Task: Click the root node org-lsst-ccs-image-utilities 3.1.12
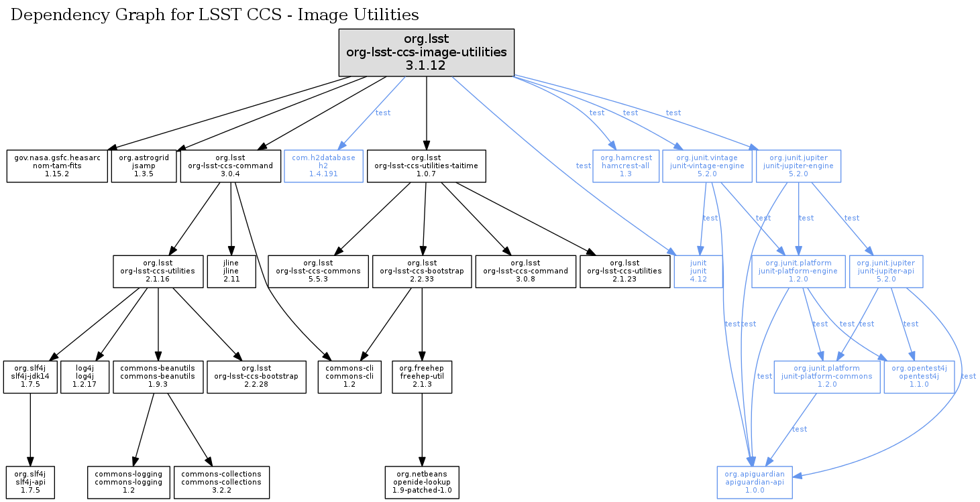pyautogui.click(x=426, y=52)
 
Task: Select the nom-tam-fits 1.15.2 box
pyautogui.click(x=57, y=166)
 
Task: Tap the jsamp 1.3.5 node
pyautogui.click(x=144, y=166)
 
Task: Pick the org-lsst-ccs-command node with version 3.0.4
pyautogui.click(x=231, y=166)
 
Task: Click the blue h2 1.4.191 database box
pyautogui.click(x=323, y=166)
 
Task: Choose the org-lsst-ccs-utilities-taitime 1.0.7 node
pyautogui.click(x=426, y=166)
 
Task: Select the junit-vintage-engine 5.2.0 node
pyautogui.click(x=706, y=166)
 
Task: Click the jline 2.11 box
pyautogui.click(x=231, y=271)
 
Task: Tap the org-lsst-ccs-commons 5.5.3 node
pyautogui.click(x=319, y=271)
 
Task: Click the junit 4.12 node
pyautogui.click(x=698, y=271)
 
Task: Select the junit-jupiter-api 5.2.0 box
pyautogui.click(x=886, y=271)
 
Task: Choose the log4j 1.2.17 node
pyautogui.click(x=85, y=377)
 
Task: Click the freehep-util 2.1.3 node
pyautogui.click(x=421, y=377)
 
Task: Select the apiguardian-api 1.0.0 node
pyautogui.click(x=755, y=482)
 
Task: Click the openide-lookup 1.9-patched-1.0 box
pyautogui.click(x=422, y=482)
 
